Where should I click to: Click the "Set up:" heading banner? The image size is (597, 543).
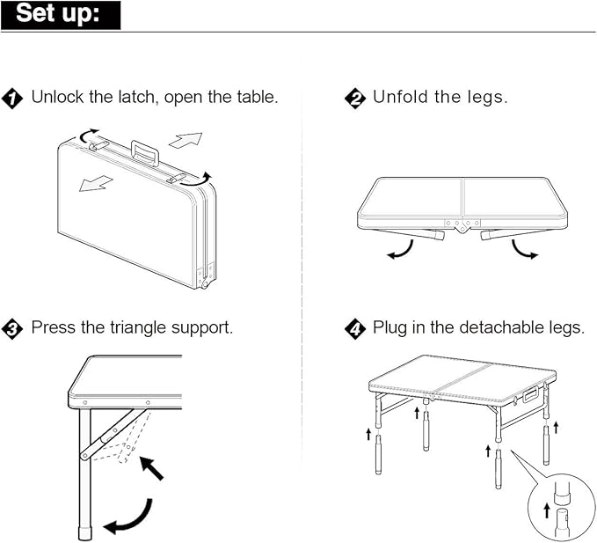coord(61,15)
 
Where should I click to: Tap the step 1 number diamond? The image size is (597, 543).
coord(13,98)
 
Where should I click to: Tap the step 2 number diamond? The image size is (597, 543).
coord(355,98)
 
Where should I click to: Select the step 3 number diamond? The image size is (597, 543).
coord(13,329)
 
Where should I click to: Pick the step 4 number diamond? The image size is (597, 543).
coord(355,329)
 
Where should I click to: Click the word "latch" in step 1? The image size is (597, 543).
coord(130,97)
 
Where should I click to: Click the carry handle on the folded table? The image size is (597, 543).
coord(145,151)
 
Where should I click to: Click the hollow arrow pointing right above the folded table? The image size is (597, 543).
coord(186,140)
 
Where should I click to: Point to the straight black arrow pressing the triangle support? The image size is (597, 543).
coord(152,469)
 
